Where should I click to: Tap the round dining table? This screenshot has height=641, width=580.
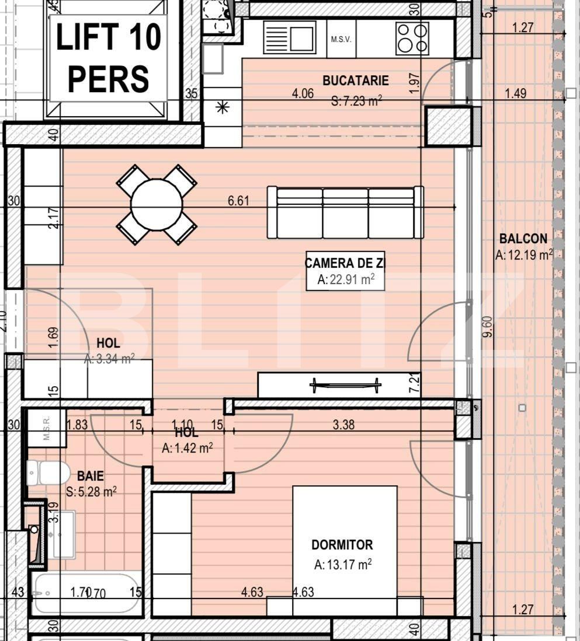[x=156, y=204]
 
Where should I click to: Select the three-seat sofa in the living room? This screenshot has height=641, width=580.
[x=345, y=212]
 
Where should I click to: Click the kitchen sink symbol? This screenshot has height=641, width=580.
[x=290, y=37]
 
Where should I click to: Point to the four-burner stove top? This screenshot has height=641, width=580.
[x=412, y=38]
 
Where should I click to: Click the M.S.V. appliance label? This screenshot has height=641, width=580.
[x=341, y=40]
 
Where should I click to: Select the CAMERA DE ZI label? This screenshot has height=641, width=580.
[x=345, y=263]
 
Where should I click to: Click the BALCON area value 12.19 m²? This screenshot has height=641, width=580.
[x=523, y=254]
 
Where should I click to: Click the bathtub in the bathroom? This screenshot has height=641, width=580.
[x=86, y=593]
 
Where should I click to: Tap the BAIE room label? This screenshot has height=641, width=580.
[x=90, y=477]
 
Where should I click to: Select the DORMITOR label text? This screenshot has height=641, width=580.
[x=342, y=545]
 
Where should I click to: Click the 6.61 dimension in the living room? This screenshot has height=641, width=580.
[x=238, y=201]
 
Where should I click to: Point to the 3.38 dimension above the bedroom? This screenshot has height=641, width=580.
[x=343, y=425]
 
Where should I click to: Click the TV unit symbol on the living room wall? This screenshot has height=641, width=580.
[x=345, y=384]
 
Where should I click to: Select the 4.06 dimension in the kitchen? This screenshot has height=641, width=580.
[x=303, y=93]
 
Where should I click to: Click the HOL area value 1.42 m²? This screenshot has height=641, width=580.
[x=187, y=448]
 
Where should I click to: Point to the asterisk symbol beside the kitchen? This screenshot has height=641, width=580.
[x=222, y=107]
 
